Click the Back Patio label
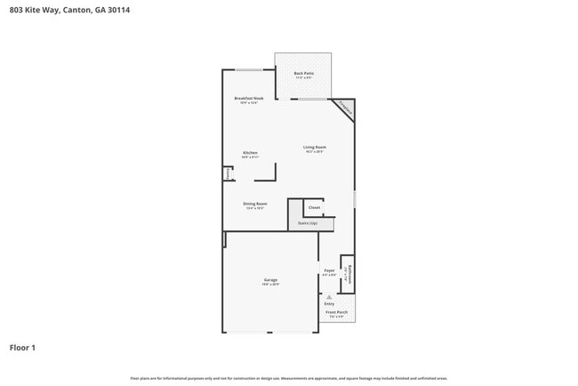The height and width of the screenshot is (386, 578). tap(303, 74)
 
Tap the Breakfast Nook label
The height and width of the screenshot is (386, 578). tap(248, 100)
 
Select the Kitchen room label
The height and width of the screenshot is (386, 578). tap(250, 154)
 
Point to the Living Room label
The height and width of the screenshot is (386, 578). tap(314, 149)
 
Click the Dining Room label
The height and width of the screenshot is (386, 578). tap(255, 205)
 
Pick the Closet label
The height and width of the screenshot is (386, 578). tap(314, 207)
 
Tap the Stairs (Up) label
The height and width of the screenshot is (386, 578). tap(308, 223)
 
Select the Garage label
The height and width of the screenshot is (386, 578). tap(270, 281)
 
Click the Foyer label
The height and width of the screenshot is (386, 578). tap(329, 271)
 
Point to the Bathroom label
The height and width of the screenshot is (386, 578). tap(349, 274)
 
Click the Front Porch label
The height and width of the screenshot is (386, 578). tap(336, 313)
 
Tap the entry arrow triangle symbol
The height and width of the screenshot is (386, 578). tap(329, 297)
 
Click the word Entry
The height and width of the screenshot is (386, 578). tap(329, 304)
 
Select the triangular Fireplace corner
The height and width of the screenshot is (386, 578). tap(346, 108)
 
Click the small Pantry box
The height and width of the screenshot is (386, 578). tap(228, 173)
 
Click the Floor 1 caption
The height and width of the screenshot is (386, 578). tap(22, 348)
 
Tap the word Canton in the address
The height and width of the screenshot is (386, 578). tap(82, 10)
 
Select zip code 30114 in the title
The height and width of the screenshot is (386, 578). tap(131, 10)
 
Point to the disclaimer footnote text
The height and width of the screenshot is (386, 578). tap(288, 378)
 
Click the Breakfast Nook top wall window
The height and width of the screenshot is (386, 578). tap(248, 70)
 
